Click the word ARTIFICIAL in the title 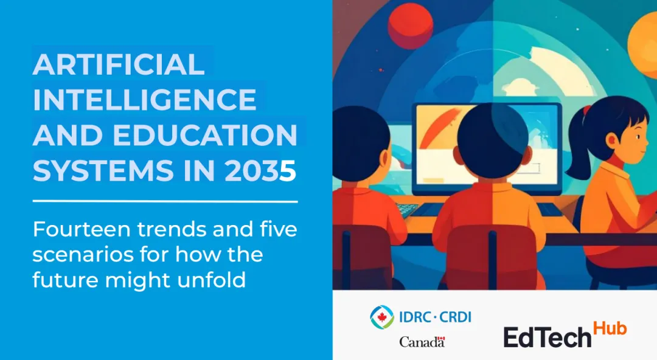[119, 64]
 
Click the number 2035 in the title [260, 170]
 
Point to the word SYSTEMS [103, 170]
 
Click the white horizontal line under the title [165, 201]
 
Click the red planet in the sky [410, 26]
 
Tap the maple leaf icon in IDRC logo [381, 317]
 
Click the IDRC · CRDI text [435, 317]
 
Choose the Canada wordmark [422, 342]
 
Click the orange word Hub [610, 328]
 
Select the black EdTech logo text [547, 337]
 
